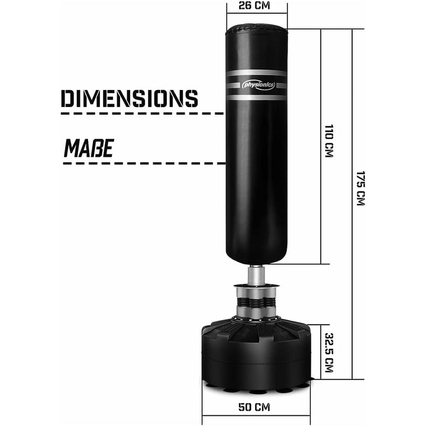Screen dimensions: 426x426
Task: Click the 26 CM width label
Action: tap(257, 5)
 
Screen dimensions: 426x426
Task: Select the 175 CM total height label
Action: tap(360, 188)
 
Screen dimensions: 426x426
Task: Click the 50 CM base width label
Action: tap(256, 407)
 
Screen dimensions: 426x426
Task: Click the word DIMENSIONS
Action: tap(129, 98)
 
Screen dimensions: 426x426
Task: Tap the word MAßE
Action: tap(88, 147)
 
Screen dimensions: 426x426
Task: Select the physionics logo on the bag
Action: tap(259, 85)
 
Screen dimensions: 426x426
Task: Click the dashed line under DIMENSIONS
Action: tap(142, 112)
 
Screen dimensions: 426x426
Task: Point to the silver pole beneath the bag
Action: tap(256, 275)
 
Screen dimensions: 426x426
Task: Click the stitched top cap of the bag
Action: tap(257, 28)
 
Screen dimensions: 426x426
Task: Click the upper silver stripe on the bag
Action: tap(257, 73)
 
